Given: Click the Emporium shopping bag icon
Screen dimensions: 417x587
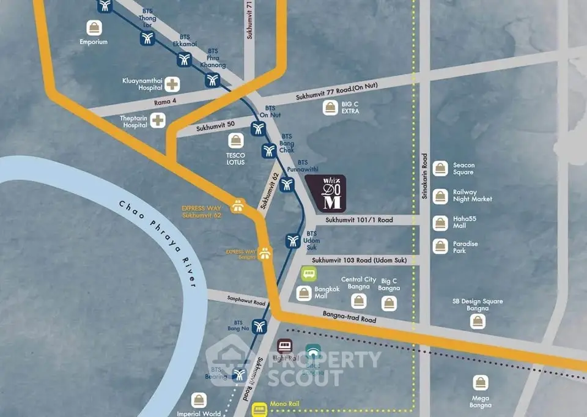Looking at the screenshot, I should point(94,28).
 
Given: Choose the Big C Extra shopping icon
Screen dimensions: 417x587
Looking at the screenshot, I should point(330,108).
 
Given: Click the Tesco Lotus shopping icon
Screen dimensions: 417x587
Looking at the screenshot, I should point(236,141).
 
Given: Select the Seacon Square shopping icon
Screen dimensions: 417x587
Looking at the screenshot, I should point(440,169).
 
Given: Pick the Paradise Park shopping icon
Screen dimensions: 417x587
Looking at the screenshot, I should point(440,246).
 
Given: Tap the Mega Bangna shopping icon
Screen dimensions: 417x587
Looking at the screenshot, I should point(481,383).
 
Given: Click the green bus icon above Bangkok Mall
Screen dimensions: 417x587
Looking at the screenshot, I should point(308,273).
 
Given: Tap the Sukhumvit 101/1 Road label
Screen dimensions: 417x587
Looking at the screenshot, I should point(359,220).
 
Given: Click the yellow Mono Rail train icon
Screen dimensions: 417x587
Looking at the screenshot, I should point(260,408).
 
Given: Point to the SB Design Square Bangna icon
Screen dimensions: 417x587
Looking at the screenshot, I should point(478,322).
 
